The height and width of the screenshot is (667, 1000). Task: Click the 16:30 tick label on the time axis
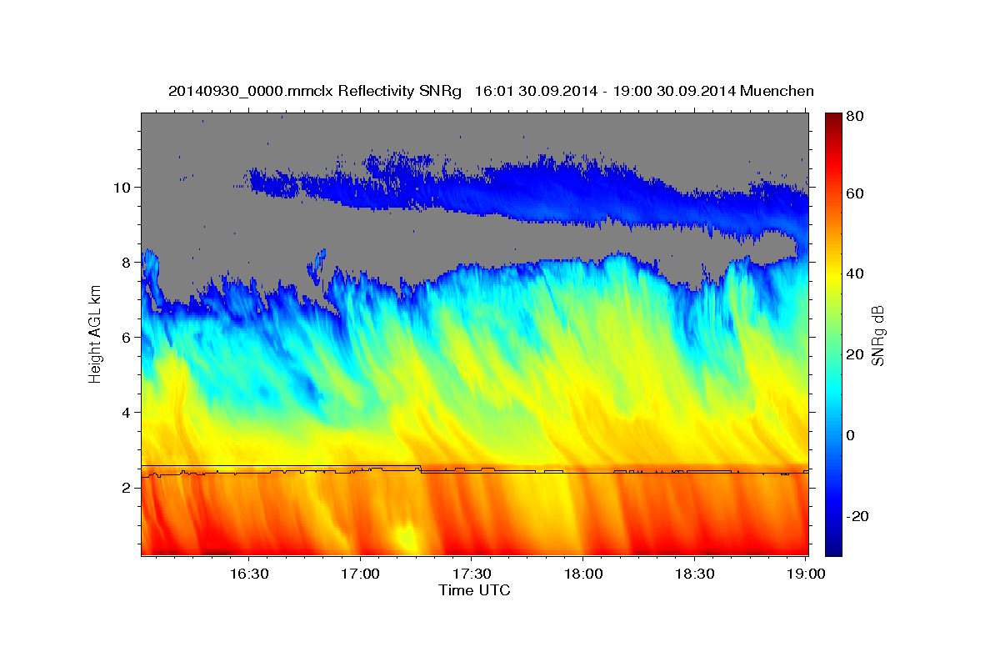point(248,574)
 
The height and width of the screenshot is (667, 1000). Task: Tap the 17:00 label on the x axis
point(360,574)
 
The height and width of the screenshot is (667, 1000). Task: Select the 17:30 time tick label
point(472,574)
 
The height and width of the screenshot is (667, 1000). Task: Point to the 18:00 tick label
point(583,574)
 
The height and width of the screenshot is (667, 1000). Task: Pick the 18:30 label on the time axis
point(695,574)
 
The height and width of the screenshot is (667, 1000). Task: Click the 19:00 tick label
point(806,574)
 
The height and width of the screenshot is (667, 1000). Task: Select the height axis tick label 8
point(127,262)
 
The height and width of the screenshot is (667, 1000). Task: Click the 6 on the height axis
point(127,337)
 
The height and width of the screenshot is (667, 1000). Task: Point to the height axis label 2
point(127,488)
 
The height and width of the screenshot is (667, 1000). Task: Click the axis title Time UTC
point(474,590)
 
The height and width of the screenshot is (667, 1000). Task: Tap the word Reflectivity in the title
point(371,90)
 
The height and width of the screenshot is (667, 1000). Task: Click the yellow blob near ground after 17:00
point(406,537)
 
